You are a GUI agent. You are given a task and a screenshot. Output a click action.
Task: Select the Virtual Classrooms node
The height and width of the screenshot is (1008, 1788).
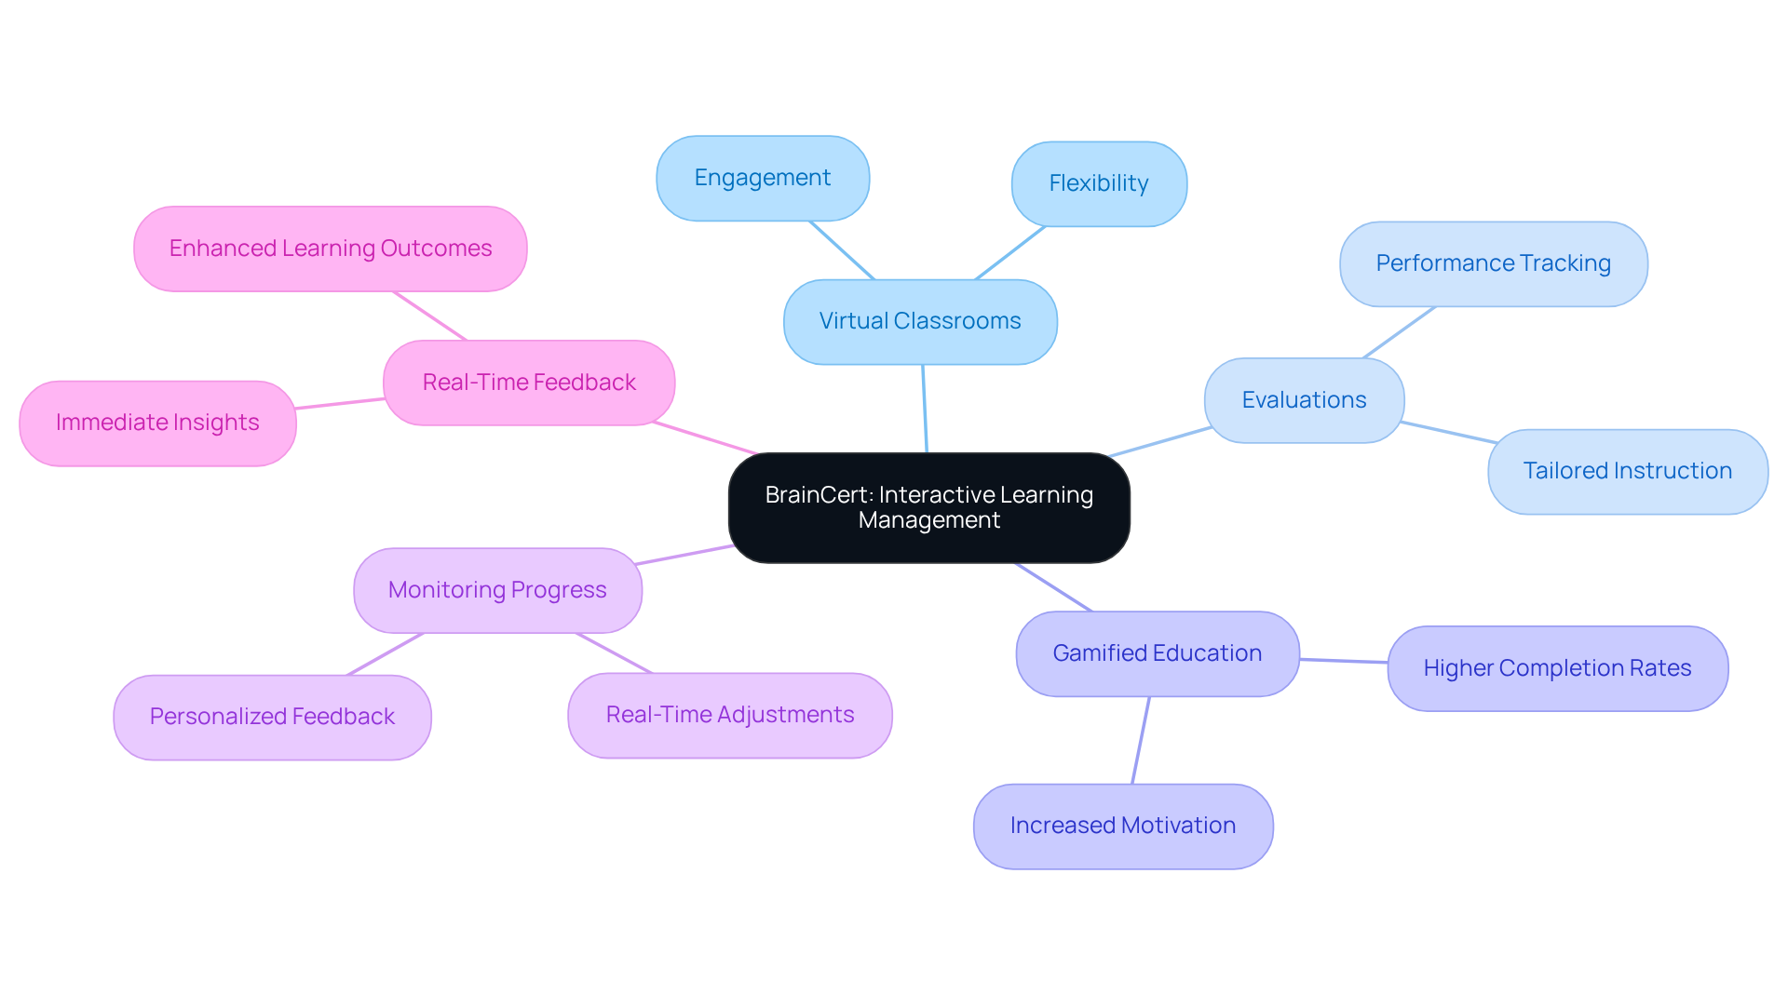(920, 321)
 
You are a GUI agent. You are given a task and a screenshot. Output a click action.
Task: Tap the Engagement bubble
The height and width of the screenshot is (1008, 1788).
(763, 178)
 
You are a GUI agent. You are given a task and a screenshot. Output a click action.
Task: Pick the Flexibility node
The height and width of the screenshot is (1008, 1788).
(1099, 183)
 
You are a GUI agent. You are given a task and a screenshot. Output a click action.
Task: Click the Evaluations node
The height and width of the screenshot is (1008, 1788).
(1304, 400)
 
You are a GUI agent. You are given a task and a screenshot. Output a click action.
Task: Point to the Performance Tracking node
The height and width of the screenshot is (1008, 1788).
(1493, 263)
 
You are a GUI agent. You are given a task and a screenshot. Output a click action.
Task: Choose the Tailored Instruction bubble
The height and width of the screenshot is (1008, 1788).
(1627, 471)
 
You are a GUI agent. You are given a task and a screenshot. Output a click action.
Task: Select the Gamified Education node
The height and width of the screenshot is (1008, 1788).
(1157, 653)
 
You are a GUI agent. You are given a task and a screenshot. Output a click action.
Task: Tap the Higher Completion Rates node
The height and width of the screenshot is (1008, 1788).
(1557, 668)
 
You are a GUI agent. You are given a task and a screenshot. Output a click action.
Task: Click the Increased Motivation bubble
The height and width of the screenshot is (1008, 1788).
(1122, 826)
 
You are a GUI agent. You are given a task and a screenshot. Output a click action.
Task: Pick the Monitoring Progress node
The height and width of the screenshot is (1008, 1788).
(497, 590)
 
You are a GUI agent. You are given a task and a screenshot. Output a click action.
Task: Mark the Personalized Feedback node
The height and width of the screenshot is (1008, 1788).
(272, 717)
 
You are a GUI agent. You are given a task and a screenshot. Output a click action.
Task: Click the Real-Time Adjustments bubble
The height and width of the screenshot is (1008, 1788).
(729, 715)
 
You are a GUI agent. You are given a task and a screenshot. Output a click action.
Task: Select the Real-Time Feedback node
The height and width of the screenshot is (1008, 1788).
(529, 383)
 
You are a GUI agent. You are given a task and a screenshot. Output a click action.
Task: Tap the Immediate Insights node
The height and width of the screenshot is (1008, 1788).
(157, 423)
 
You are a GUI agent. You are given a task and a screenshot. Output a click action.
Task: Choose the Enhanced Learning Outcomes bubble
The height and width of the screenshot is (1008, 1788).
(330, 249)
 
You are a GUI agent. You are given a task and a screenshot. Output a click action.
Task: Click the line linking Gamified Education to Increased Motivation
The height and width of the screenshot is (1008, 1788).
(1141, 740)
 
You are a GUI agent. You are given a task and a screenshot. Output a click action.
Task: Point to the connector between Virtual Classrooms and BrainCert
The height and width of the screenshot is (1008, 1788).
(925, 409)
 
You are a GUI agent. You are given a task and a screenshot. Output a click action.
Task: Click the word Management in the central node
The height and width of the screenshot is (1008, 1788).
(928, 520)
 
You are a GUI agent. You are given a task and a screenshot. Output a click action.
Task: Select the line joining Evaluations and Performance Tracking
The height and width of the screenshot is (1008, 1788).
(1399, 332)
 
